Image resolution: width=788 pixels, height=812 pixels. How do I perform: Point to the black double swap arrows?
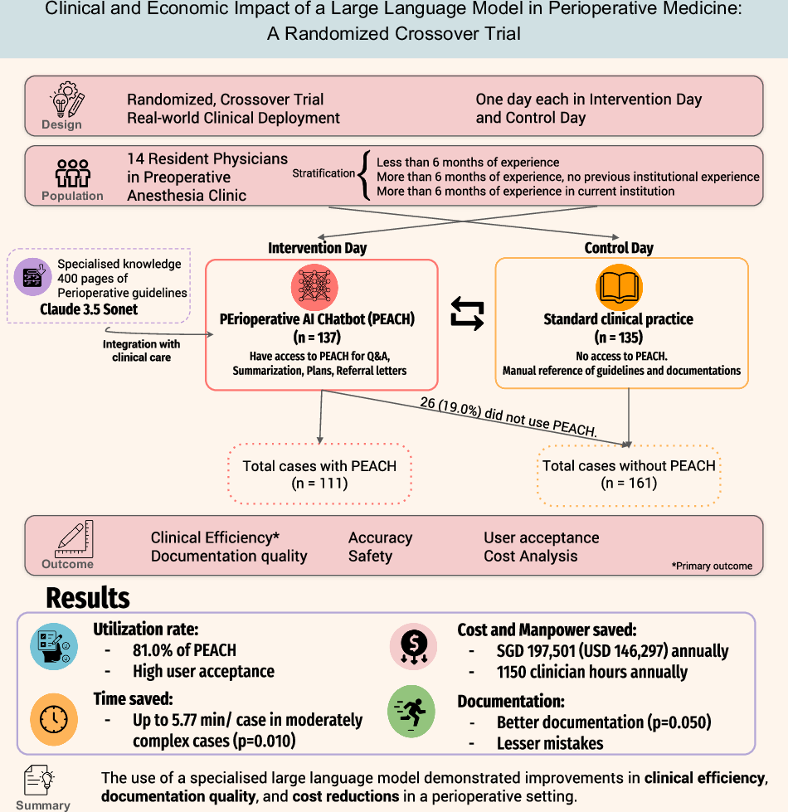(x=466, y=314)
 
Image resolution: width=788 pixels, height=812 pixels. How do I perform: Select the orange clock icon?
(x=54, y=717)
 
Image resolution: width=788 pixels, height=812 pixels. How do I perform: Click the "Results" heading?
(x=87, y=598)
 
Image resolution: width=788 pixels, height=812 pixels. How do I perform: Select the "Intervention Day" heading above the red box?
(x=316, y=248)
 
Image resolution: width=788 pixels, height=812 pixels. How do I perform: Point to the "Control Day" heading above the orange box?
(x=619, y=248)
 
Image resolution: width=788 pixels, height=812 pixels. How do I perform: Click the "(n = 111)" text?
(x=319, y=483)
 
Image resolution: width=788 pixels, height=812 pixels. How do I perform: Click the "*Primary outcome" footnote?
(x=712, y=566)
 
